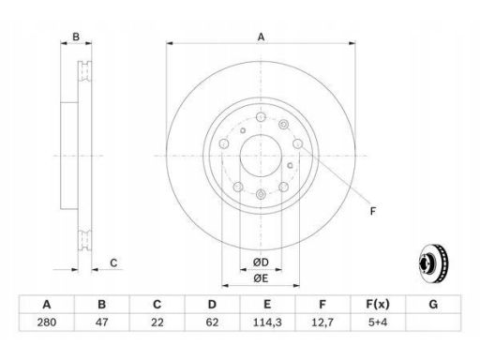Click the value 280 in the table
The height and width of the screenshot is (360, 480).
(47, 322)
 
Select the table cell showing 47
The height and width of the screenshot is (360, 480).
(102, 322)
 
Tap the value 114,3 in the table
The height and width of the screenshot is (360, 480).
(267, 322)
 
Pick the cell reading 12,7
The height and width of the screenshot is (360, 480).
(322, 322)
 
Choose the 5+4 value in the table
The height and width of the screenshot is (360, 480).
(378, 322)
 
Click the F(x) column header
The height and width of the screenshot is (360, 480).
(378, 304)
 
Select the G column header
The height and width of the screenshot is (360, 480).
(433, 304)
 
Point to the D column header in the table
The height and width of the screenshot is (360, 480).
(212, 304)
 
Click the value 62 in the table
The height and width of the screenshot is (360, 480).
(212, 322)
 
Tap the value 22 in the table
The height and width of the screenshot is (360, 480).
(157, 322)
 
